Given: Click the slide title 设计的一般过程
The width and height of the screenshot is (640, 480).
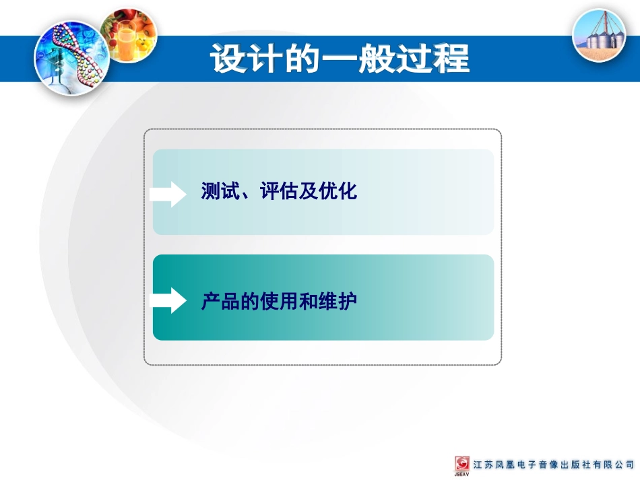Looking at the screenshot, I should [x=340, y=59].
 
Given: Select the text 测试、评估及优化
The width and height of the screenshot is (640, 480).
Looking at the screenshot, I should [x=279, y=192].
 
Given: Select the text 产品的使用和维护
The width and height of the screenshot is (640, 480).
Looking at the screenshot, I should [x=279, y=302].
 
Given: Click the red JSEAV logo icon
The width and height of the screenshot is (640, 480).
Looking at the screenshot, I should [x=463, y=464].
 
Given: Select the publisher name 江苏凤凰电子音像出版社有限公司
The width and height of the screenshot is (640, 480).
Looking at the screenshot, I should [x=554, y=465].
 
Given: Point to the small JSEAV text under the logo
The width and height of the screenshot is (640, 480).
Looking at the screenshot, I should [x=462, y=475].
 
